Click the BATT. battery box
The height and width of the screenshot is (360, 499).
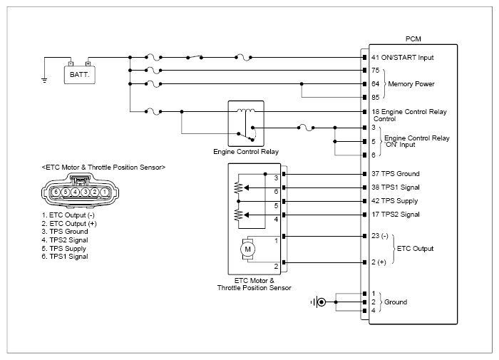80,75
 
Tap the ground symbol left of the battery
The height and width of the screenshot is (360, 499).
44,81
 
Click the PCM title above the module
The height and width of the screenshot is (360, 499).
413,38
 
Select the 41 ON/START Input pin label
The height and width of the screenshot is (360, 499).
402,58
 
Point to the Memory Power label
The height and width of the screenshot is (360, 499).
411,84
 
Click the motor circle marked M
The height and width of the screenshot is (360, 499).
247,250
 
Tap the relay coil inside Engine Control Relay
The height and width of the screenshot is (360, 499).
246,110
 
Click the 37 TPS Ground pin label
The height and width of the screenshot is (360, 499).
396,174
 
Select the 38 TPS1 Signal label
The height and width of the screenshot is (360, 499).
396,187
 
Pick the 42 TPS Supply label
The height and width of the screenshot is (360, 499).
395,201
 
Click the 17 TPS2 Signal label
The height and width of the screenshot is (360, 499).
396,215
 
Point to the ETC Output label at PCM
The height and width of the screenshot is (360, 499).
415,249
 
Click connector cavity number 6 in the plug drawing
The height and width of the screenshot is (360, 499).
56,192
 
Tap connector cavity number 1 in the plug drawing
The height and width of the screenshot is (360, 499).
104,192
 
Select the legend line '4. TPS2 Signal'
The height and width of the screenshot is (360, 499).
65,240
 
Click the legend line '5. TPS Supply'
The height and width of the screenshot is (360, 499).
63,248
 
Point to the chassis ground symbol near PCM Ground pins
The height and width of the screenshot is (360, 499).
318,302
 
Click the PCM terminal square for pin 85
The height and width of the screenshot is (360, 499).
365,98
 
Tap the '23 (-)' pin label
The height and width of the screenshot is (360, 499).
380,236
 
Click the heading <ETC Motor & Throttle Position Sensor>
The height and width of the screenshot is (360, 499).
103,168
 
